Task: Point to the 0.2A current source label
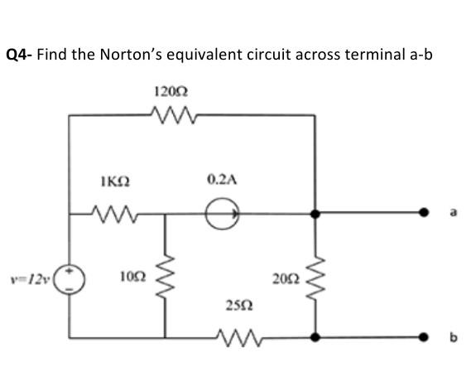point(223,178)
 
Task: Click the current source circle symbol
point(224,215)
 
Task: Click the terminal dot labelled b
point(429,338)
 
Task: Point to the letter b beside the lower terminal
point(453,338)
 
